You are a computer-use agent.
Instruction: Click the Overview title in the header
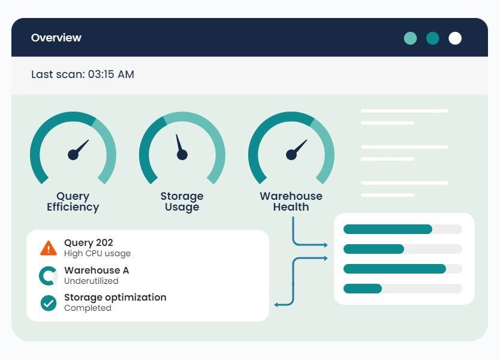(x=56, y=38)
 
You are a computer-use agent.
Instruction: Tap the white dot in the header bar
(x=455, y=38)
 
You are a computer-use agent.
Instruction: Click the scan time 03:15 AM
(x=111, y=75)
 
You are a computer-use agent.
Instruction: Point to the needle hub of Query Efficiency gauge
(x=73, y=155)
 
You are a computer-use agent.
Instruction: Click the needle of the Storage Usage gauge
(x=179, y=145)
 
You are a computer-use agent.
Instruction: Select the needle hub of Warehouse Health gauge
(x=291, y=155)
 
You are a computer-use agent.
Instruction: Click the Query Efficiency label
(x=73, y=202)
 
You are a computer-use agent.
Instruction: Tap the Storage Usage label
(x=182, y=202)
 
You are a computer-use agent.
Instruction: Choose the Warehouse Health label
(x=291, y=202)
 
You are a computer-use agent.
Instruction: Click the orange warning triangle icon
(x=48, y=248)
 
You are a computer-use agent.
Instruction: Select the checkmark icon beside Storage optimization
(x=48, y=303)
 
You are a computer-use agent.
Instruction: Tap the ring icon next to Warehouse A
(x=48, y=275)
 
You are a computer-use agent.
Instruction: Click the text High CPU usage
(x=97, y=254)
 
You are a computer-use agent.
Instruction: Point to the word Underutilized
(x=91, y=281)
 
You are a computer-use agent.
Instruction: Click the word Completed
(x=88, y=308)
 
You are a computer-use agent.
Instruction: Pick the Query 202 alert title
(x=88, y=243)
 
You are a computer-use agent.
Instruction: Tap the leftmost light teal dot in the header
(x=410, y=38)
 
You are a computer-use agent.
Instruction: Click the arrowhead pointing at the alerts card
(x=276, y=305)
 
